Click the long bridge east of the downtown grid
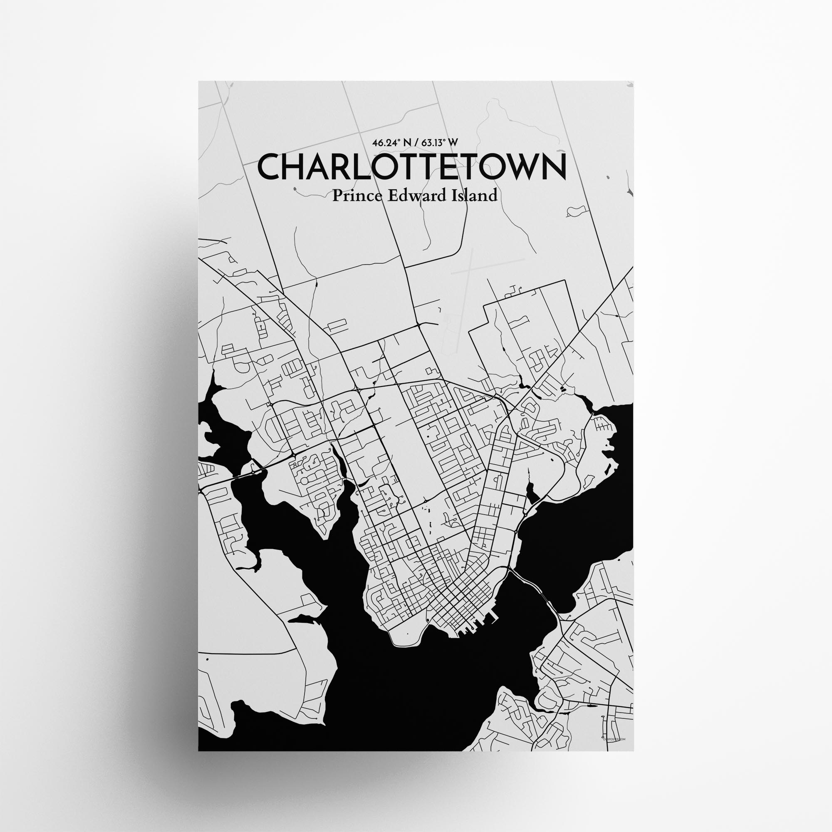(534, 587)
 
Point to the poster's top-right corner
(633, 82)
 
